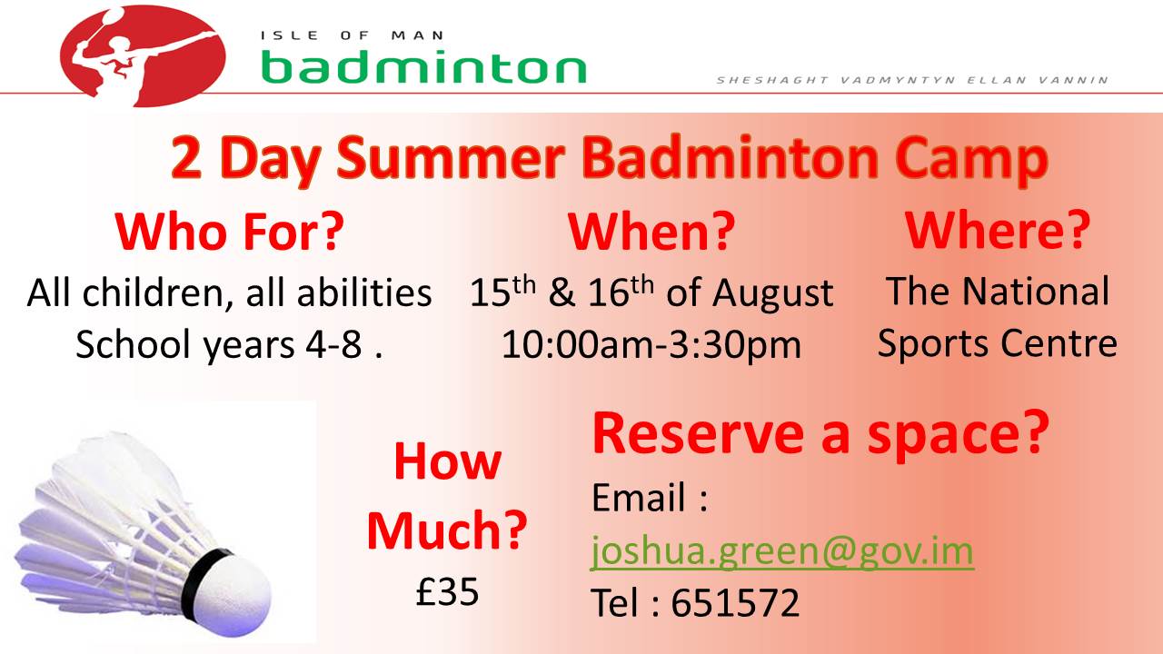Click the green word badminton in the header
pos(423,66)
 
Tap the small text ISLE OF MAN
pos(353,35)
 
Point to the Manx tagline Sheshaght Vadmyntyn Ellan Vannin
pos(912,80)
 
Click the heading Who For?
pos(230,232)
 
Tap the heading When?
pos(651,232)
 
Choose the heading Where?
pos(997,231)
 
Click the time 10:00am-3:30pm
pos(651,344)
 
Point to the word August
pos(772,293)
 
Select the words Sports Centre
pos(997,344)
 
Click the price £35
pos(447,592)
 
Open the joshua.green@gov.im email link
pos(782,550)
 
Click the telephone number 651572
pos(735,603)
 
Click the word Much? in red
pos(447,530)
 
